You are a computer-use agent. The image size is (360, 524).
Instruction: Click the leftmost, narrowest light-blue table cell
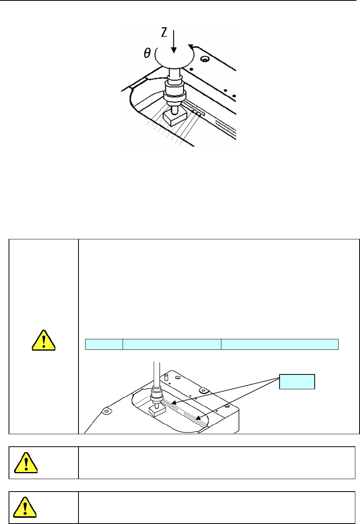104,344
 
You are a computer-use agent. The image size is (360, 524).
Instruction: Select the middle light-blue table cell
172,344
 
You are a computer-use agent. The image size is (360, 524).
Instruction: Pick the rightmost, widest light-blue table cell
280,344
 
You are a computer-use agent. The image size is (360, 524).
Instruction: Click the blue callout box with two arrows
297,381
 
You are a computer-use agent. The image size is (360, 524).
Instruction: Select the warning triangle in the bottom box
25,507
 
